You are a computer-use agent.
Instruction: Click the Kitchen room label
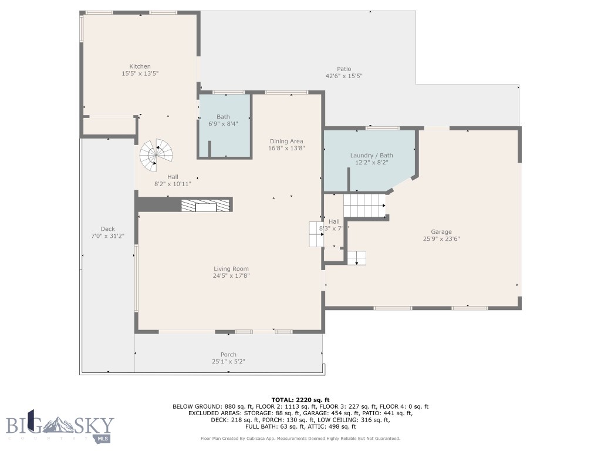click(140, 66)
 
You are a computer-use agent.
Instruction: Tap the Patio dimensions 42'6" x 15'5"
click(344, 76)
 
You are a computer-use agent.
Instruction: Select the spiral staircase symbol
click(157, 154)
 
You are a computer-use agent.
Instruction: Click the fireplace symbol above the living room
click(205, 204)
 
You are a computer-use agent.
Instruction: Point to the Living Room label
click(231, 269)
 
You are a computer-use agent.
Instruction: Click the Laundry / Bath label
click(372, 155)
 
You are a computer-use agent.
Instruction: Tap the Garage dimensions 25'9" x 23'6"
click(441, 239)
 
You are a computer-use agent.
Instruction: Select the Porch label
click(228, 355)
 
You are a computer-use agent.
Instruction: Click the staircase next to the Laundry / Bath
click(364, 206)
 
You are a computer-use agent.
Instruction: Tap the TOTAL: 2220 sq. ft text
click(300, 399)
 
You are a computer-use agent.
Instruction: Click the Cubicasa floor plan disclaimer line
click(300, 439)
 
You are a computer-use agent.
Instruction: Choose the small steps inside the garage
click(356, 258)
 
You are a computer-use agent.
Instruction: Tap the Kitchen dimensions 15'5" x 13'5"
click(140, 74)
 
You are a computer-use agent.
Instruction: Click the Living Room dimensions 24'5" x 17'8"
click(231, 276)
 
